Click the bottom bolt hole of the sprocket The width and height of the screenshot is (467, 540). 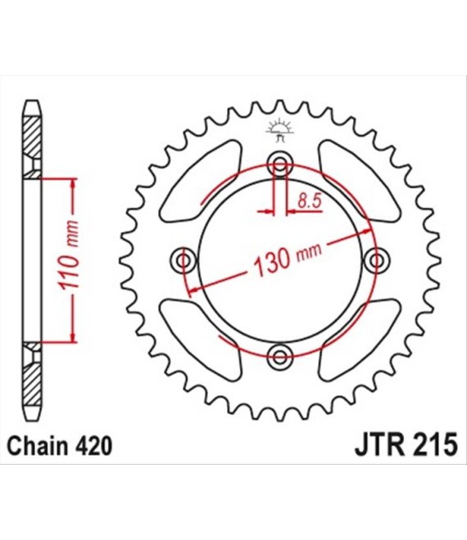(x=279, y=357)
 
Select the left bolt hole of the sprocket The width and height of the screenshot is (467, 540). (x=184, y=260)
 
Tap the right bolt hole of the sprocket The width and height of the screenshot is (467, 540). (x=377, y=260)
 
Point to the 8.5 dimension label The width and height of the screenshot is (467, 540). (x=310, y=200)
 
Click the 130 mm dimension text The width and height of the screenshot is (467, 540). (x=287, y=259)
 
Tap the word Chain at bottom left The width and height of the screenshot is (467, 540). (x=38, y=447)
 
